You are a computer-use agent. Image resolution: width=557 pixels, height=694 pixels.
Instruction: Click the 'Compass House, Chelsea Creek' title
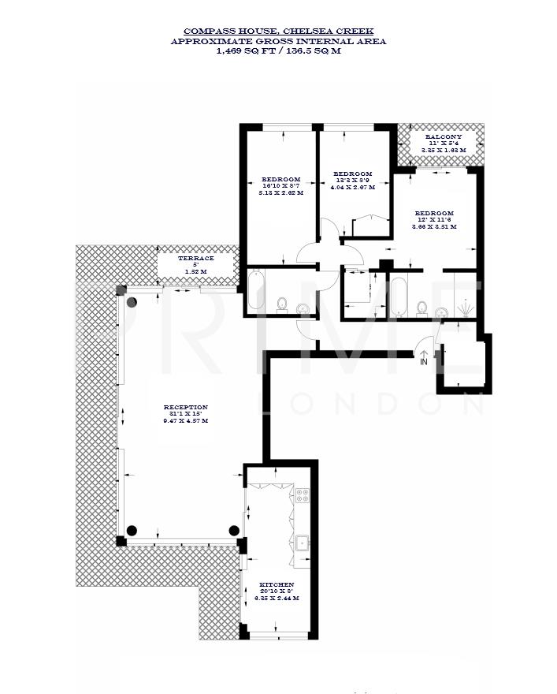click(x=278, y=31)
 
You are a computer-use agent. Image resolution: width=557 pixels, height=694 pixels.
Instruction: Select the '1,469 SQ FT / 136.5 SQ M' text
click(x=278, y=50)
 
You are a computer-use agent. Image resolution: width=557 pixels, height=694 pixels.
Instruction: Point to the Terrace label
click(x=196, y=265)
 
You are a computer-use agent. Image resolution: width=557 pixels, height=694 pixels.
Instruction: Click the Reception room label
click(x=186, y=414)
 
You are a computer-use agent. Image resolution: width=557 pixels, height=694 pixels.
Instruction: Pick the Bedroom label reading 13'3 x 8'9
click(x=352, y=181)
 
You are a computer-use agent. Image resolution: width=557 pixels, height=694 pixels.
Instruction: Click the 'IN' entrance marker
click(x=424, y=361)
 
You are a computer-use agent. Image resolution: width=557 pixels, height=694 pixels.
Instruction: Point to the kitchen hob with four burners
click(x=303, y=495)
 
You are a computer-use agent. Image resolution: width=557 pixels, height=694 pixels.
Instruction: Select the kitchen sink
click(x=303, y=543)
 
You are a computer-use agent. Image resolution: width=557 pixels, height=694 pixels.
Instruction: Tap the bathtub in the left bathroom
click(x=257, y=290)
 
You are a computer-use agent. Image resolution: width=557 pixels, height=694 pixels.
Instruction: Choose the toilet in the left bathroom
click(x=282, y=304)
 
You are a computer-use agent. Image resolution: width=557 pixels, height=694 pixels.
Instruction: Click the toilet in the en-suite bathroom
click(x=423, y=308)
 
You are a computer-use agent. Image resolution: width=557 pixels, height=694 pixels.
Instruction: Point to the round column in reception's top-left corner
click(x=132, y=301)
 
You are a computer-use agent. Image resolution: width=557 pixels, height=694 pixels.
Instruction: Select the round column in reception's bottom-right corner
click(x=234, y=530)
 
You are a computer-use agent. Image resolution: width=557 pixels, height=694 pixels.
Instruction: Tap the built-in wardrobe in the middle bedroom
click(x=370, y=226)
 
